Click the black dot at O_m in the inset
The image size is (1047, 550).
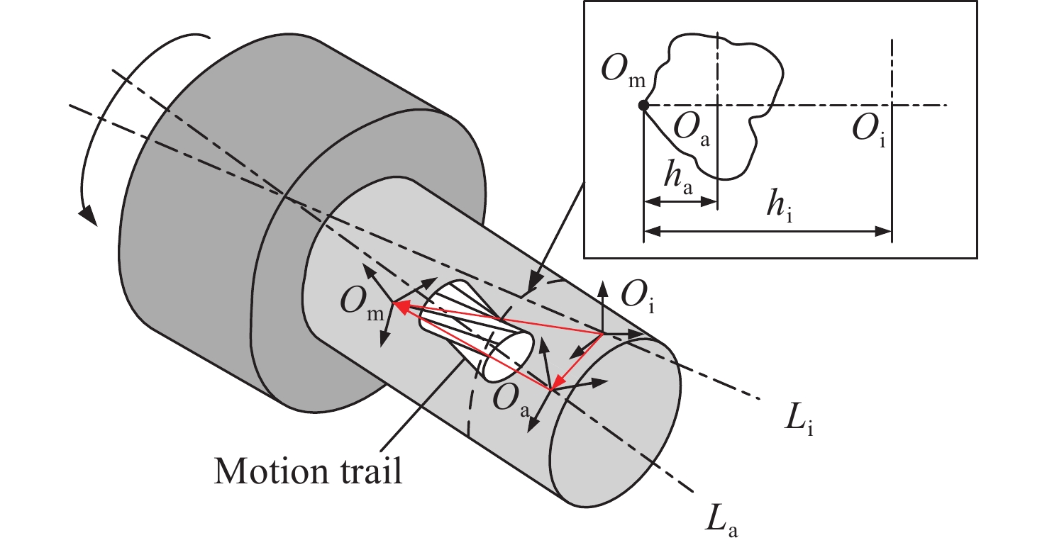643,106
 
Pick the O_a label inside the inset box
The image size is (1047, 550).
692,130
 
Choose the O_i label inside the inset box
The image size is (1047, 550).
870,130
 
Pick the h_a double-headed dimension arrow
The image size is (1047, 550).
680,201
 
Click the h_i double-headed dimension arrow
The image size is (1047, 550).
767,231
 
